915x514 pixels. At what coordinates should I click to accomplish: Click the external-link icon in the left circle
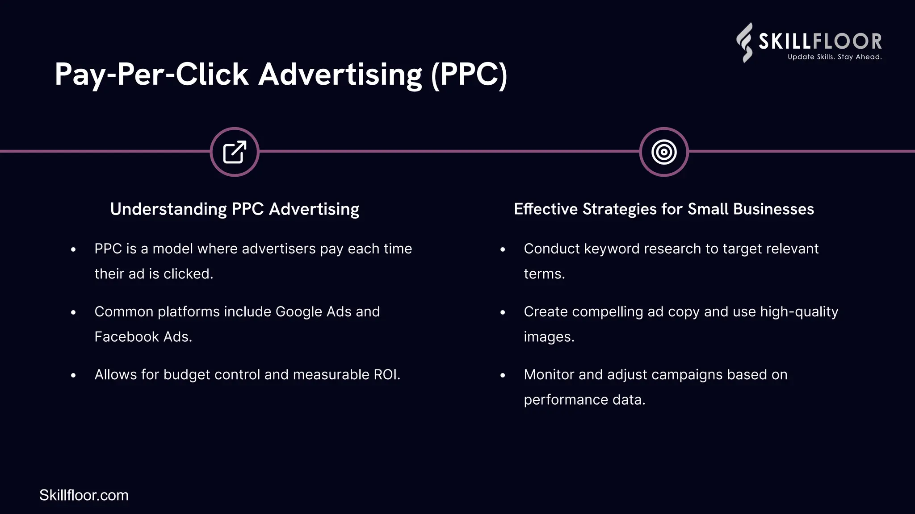[x=235, y=152]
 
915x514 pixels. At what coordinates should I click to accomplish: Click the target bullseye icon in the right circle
[x=664, y=152]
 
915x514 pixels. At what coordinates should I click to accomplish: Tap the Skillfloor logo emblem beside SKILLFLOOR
[x=744, y=42]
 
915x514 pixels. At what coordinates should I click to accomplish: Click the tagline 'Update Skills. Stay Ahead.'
[x=835, y=57]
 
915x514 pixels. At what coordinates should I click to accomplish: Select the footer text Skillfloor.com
[x=84, y=495]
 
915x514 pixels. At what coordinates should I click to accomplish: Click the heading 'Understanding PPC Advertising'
[x=235, y=209]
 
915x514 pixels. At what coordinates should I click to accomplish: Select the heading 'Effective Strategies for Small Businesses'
[x=664, y=209]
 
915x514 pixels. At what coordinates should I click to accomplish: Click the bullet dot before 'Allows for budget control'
[x=73, y=376]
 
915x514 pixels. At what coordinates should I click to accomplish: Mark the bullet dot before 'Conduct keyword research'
[x=503, y=250]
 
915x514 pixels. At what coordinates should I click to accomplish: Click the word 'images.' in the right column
[x=549, y=337]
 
